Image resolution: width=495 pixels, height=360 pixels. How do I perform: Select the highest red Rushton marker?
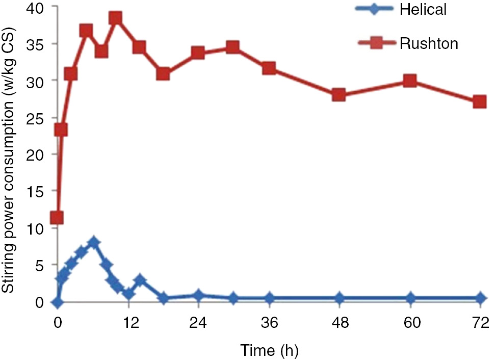(x=115, y=18)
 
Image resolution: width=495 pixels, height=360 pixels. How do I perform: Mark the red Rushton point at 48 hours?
(x=339, y=95)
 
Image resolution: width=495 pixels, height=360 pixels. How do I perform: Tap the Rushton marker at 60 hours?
(x=410, y=81)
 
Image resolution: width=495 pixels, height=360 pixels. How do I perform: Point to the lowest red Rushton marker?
(x=57, y=218)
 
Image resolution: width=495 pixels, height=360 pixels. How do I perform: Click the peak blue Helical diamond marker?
(x=93, y=242)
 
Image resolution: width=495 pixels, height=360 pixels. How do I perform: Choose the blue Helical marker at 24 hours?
(x=198, y=295)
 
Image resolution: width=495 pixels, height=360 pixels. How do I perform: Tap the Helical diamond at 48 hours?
(x=339, y=298)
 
